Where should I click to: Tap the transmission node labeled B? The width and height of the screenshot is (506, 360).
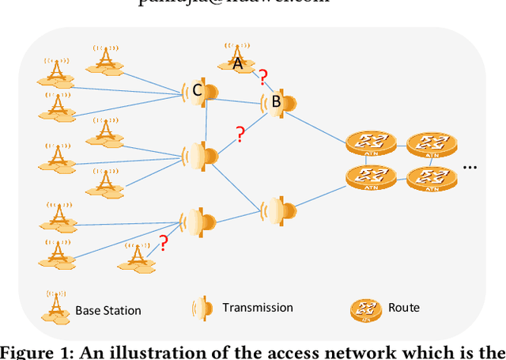pos(279,102)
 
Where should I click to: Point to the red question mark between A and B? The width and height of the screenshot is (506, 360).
pos(262,77)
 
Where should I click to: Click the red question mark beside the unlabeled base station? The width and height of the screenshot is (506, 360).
pos(164,244)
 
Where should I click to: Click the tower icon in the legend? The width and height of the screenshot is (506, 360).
pos(55,307)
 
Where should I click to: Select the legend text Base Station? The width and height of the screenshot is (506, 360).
pos(108,310)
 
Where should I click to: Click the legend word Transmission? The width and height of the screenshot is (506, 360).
pos(258,307)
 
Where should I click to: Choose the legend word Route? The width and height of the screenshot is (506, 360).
pos(404,307)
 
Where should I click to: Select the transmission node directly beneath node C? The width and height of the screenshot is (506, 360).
pos(200,155)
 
